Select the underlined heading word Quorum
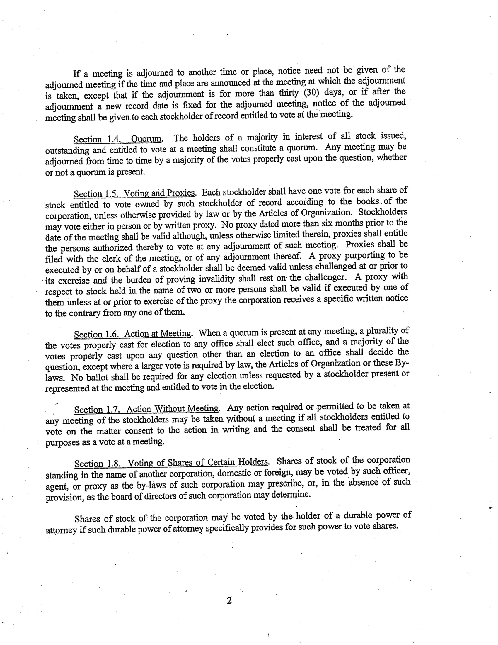146,138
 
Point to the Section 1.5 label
96,194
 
